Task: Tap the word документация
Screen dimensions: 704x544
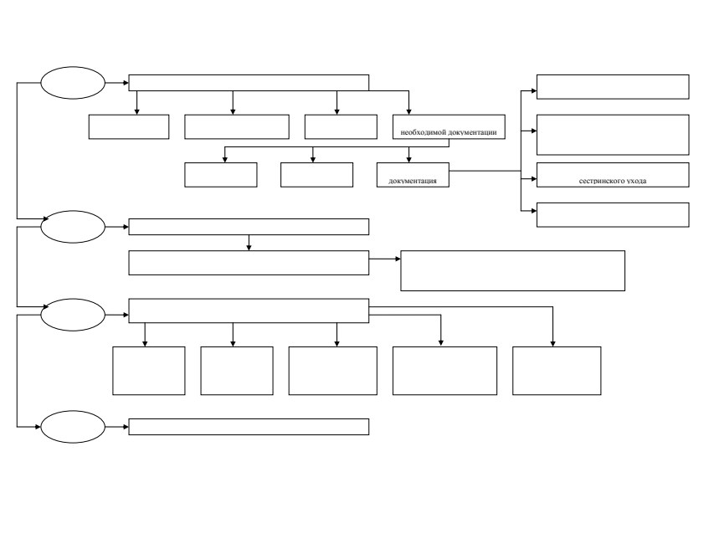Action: tap(413, 181)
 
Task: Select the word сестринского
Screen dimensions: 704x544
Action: tap(600, 181)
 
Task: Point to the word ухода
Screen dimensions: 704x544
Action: tap(635, 181)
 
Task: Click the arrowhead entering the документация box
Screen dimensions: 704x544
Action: tap(409, 160)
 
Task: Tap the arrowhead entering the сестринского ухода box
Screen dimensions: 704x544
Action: tap(534, 178)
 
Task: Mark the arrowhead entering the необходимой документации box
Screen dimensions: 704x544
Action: tap(409, 112)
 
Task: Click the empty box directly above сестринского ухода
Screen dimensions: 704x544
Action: tap(613, 135)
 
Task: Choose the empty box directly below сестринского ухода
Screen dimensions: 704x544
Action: tap(613, 215)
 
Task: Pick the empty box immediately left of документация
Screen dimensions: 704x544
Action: tap(316, 175)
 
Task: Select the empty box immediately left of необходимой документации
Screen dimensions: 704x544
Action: tap(341, 126)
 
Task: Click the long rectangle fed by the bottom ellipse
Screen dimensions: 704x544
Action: tap(249, 427)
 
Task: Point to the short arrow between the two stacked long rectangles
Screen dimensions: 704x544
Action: tap(249, 243)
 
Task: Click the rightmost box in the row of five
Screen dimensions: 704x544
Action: tap(557, 371)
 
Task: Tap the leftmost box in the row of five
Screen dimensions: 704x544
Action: tap(149, 371)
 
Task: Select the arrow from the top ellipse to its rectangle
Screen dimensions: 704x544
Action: tap(116, 83)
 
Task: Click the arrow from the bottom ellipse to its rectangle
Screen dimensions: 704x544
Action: tap(116, 427)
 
